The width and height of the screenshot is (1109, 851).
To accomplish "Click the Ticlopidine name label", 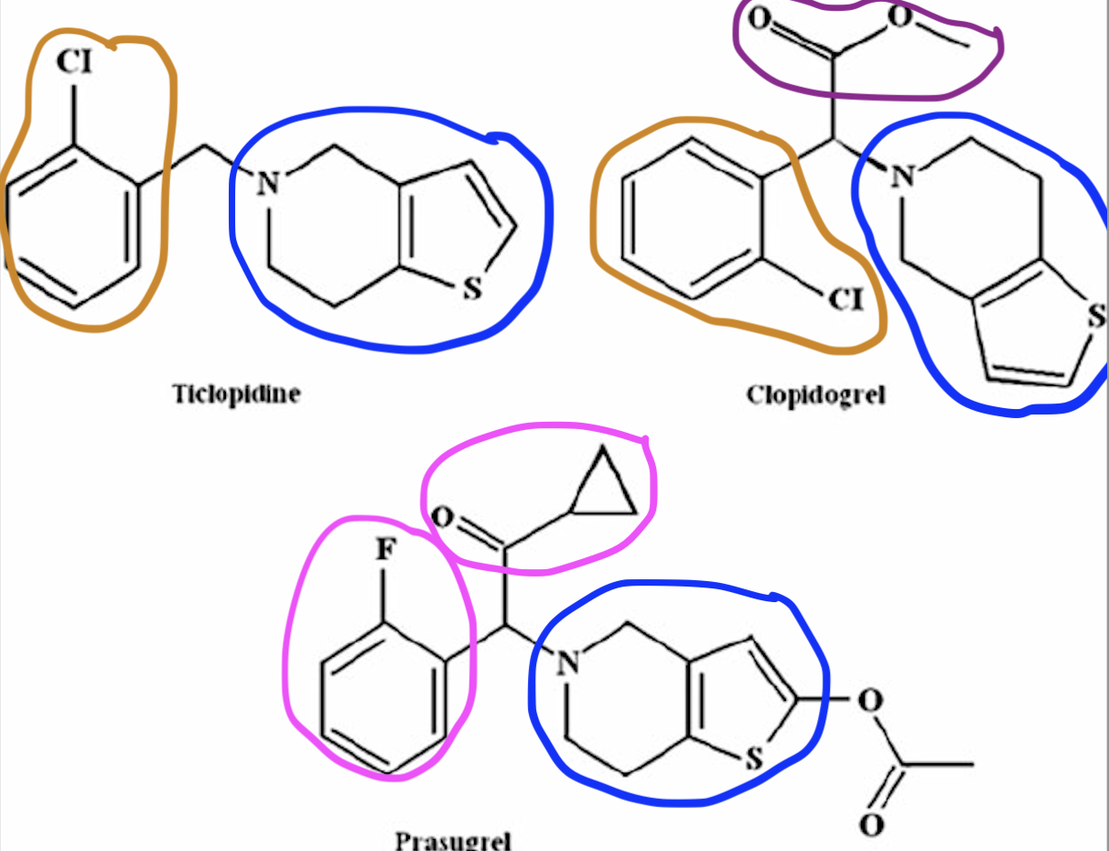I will (x=237, y=395).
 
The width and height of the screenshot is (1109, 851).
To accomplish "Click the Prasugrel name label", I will (x=453, y=840).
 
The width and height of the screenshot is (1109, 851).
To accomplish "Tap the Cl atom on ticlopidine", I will (x=75, y=62).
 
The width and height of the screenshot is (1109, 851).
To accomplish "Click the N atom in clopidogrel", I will (x=904, y=176).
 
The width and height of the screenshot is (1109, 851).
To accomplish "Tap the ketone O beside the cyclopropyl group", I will (x=442, y=518).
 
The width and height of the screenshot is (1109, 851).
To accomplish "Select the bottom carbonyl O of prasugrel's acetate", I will (x=872, y=824).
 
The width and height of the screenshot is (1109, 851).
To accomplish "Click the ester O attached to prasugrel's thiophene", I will (x=870, y=702).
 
